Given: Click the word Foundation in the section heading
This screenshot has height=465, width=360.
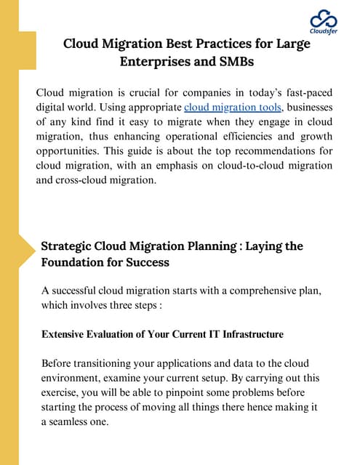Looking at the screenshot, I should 76,262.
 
